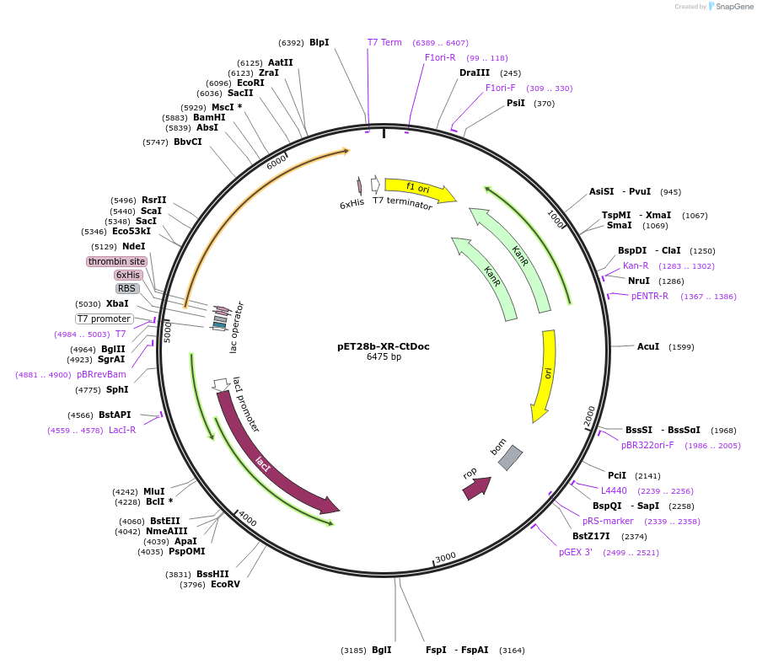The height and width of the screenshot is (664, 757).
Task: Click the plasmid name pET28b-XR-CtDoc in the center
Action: (384, 346)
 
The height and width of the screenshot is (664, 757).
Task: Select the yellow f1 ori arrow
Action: (419, 190)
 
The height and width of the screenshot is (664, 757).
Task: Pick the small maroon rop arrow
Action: (476, 489)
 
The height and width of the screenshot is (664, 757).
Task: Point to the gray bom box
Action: (510, 458)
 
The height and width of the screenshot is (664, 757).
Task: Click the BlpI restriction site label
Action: (319, 42)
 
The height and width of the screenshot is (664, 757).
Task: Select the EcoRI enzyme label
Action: (250, 83)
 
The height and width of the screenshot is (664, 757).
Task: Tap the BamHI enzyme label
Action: (209, 117)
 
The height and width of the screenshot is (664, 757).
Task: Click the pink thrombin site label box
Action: (117, 261)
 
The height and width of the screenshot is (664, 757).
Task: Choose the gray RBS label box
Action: (127, 288)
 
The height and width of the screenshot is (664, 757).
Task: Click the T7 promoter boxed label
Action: (104, 319)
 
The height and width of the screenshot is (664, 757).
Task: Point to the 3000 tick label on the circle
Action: (445, 557)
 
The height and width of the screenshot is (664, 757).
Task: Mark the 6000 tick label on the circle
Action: (276, 162)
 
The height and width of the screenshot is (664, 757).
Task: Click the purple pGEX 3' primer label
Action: (576, 552)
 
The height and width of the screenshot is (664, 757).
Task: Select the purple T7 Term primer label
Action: (384, 42)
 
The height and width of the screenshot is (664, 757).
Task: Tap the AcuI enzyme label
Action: (648, 346)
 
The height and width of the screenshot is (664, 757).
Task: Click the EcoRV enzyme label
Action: (225, 584)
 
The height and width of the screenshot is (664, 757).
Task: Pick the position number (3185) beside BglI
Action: (353, 651)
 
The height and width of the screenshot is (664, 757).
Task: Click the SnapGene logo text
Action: (735, 6)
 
